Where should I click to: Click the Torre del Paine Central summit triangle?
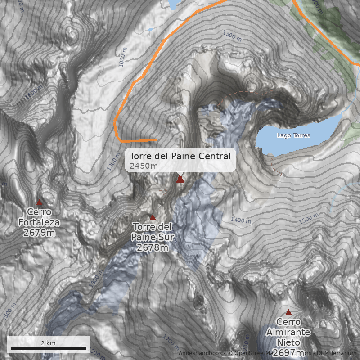[x=180, y=180]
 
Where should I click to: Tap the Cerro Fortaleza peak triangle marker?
[x=39, y=202]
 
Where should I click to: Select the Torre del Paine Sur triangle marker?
[x=153, y=217]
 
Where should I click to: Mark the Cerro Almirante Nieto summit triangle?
[x=288, y=312]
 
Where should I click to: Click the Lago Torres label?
[x=293, y=135]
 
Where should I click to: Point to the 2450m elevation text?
[x=144, y=166]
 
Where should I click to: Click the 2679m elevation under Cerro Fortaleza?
[x=39, y=233]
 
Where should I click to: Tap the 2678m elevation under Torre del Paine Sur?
[x=153, y=247]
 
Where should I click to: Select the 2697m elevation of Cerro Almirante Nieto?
[x=288, y=352]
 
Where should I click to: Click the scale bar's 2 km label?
[x=48, y=343]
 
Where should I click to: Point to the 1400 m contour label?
[x=241, y=220]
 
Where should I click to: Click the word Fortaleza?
[x=39, y=222]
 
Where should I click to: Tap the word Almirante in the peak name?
[x=288, y=333]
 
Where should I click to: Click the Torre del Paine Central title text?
[x=180, y=156]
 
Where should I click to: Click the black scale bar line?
[x=48, y=348]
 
